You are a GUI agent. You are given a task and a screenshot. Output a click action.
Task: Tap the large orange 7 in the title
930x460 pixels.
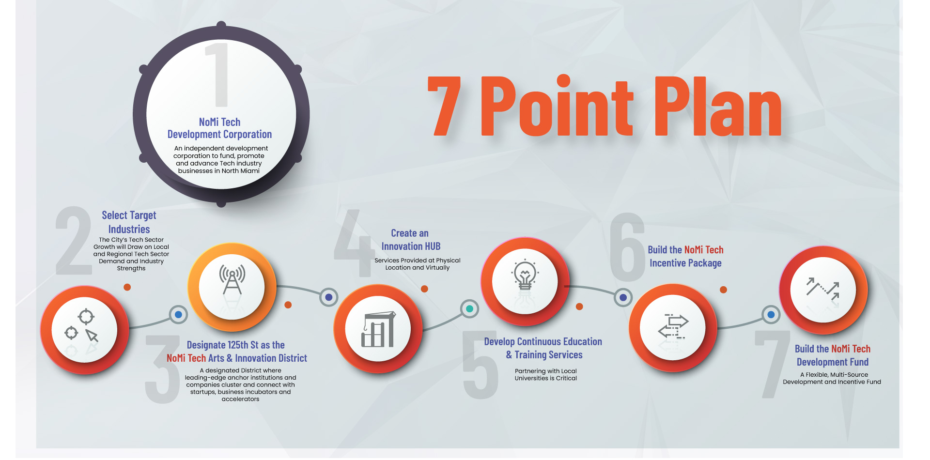tap(444, 106)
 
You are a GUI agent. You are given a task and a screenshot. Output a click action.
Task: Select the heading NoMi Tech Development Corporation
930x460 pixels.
tap(219, 128)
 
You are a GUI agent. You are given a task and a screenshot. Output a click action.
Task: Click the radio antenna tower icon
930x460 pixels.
tap(232, 279)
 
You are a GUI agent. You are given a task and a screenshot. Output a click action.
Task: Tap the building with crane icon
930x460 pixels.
tap(378, 329)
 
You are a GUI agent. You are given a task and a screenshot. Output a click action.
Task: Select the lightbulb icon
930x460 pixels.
tap(525, 275)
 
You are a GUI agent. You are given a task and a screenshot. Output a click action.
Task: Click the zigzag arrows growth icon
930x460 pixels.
tap(822, 289)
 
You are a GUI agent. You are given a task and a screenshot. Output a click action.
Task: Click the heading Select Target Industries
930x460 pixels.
tap(129, 222)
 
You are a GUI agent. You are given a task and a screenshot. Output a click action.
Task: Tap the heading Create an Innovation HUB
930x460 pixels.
tap(411, 240)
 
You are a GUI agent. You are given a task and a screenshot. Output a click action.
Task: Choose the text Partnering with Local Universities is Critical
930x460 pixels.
tap(546, 375)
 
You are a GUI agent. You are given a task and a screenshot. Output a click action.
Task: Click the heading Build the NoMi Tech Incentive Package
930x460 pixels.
tap(685, 256)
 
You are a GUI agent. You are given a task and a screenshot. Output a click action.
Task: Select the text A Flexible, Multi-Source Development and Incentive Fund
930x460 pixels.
tap(832, 378)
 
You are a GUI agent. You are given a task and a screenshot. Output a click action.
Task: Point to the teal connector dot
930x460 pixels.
tap(469, 308)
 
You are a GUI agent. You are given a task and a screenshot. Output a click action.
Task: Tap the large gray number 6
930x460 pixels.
tap(627, 247)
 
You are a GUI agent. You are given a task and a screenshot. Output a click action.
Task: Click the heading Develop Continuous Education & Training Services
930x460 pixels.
tap(543, 348)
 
